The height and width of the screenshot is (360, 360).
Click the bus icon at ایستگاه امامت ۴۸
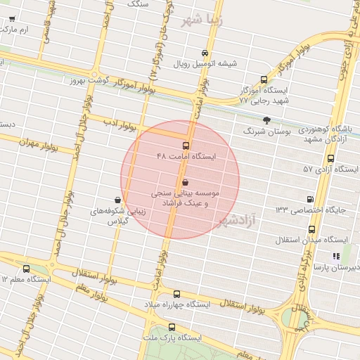coord(186,146)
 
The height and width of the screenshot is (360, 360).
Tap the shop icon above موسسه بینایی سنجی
coord(185,182)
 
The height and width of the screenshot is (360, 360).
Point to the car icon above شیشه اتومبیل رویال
coord(204,53)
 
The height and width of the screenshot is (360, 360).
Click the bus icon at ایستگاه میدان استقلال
coord(311,230)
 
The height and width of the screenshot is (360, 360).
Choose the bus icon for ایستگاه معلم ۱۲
coord(27,269)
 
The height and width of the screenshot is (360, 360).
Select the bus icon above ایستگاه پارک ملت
coord(172,328)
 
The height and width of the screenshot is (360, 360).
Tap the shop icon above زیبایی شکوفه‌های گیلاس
coord(117,200)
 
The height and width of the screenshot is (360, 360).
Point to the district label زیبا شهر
coord(201,20)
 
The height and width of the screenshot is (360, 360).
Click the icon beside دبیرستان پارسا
coord(336,257)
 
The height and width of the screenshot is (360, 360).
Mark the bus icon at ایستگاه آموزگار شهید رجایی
coord(264,80)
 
